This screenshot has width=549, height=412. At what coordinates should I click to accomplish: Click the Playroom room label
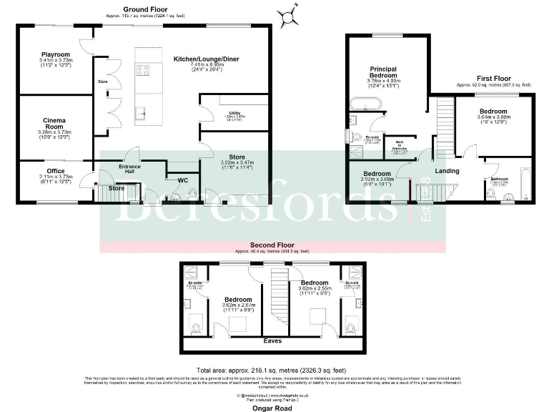click(x=55, y=54)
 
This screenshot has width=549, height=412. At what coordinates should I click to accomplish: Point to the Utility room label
click(x=235, y=113)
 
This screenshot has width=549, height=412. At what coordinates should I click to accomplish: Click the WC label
click(x=184, y=179)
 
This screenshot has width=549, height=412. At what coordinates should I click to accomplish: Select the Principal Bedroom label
click(x=383, y=72)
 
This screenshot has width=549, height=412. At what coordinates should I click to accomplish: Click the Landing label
click(x=447, y=171)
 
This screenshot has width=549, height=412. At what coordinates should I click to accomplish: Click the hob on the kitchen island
click(x=142, y=69)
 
